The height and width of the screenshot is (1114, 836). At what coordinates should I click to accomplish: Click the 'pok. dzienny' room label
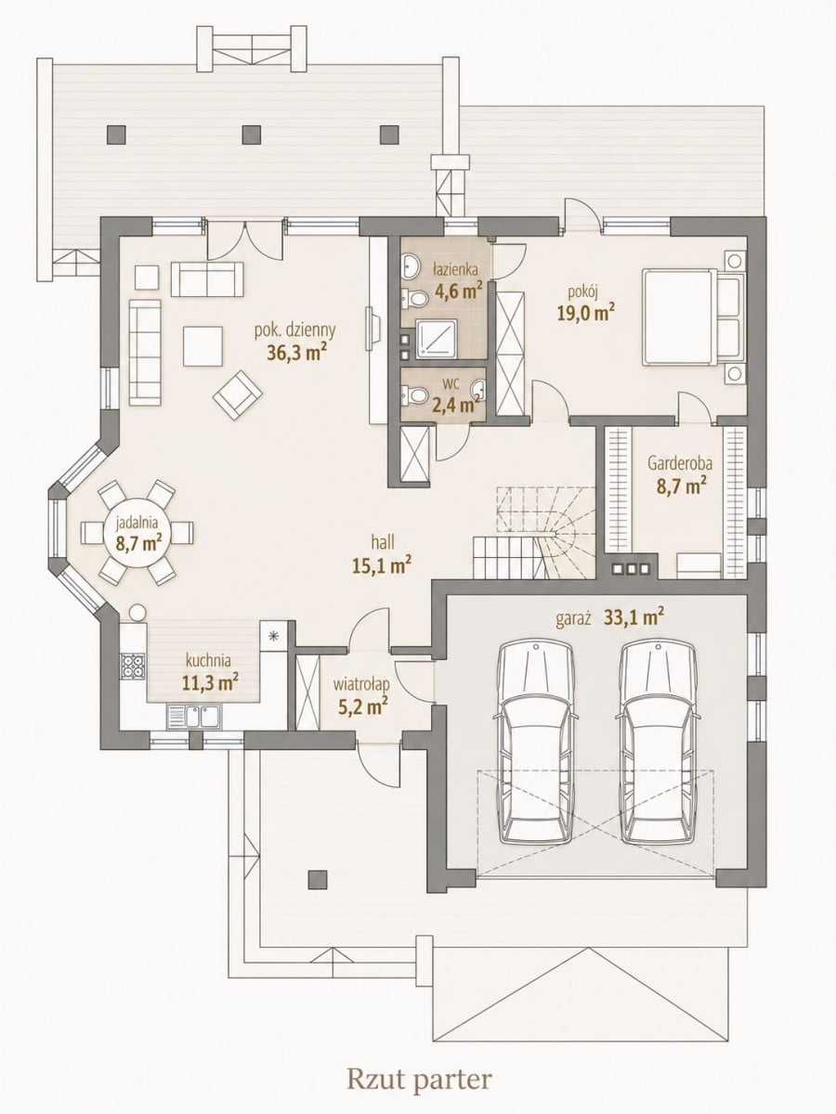294,330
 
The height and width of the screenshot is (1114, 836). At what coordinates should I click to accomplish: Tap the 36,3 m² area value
297,354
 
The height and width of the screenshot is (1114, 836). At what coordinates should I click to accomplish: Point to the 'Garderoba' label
680,463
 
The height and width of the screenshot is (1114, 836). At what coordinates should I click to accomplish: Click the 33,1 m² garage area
634,618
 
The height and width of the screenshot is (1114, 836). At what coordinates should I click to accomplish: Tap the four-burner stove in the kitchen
133,666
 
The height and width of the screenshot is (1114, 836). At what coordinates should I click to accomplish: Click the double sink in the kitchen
194,717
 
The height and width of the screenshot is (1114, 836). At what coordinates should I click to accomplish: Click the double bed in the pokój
694,317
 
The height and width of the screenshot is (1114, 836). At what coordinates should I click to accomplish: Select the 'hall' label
383,542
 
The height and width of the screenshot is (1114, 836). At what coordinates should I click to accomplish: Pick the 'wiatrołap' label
361,685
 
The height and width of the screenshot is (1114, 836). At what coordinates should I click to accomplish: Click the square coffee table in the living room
203,346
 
